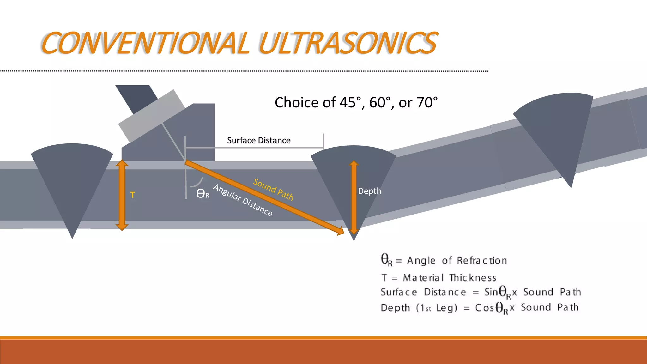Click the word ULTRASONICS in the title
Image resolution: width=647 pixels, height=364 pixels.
348,43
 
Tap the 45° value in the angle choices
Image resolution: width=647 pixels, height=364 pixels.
350,102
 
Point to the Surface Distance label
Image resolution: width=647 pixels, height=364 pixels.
259,140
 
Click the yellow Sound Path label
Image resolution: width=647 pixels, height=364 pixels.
273,189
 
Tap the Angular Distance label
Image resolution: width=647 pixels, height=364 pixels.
243,200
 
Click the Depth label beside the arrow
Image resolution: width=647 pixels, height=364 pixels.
369,191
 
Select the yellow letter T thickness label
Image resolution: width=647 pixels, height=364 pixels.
133,195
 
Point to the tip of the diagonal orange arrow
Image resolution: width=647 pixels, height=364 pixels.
342,233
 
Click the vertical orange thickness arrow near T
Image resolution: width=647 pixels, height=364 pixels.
122,195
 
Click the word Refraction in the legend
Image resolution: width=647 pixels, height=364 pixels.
482,261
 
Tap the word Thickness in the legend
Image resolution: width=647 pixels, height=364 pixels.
473,278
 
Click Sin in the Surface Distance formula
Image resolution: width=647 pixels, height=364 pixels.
491,292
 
